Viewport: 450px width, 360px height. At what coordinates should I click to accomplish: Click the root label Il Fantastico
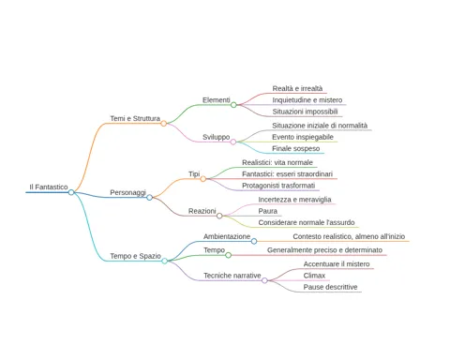click(x=49, y=187)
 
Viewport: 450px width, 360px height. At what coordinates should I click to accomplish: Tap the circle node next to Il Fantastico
click(x=71, y=192)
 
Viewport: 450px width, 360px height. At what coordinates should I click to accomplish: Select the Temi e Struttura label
click(x=135, y=118)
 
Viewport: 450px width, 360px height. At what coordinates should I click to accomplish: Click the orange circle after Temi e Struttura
click(x=163, y=124)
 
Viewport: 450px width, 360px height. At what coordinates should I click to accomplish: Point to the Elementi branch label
click(x=217, y=100)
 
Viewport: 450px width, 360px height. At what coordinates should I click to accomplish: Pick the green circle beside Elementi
click(x=233, y=105)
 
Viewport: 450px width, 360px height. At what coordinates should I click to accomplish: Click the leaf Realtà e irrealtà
click(x=297, y=88)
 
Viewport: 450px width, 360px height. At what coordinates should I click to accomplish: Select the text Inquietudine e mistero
click(x=307, y=100)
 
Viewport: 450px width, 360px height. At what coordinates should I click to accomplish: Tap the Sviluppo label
click(x=216, y=137)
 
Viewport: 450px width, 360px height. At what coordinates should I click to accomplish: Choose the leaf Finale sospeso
click(x=295, y=148)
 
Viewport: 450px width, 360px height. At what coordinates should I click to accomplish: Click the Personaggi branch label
click(x=127, y=192)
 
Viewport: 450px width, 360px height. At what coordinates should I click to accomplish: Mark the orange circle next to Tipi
click(x=203, y=179)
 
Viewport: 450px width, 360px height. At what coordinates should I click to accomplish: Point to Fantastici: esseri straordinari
click(x=287, y=173)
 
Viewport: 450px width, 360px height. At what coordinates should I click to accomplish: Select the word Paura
click(x=268, y=211)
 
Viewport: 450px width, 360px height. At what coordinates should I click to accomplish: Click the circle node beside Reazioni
click(x=219, y=216)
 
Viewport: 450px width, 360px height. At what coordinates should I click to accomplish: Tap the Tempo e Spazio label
click(x=135, y=256)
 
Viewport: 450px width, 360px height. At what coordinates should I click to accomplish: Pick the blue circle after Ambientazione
click(x=254, y=241)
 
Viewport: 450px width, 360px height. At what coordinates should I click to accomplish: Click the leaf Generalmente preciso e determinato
click(x=324, y=250)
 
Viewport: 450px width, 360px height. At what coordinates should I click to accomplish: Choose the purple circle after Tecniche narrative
click(x=264, y=280)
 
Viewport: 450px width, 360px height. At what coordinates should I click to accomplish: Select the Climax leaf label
click(x=314, y=276)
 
